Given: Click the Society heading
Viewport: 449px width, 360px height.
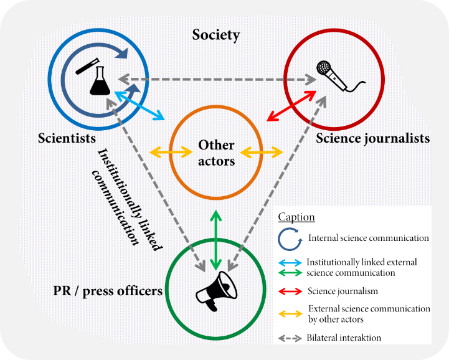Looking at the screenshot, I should coord(215,34).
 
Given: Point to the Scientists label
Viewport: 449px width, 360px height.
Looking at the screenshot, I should coord(66,137).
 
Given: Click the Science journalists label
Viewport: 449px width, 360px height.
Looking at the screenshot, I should coord(372,138).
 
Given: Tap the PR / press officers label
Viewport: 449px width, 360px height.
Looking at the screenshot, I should coord(108,290).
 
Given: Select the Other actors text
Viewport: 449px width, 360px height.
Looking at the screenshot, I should coord(216,153).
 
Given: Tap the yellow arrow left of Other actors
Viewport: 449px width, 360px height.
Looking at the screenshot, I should coord(172,151).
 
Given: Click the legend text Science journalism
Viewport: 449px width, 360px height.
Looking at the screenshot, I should coord(343,291).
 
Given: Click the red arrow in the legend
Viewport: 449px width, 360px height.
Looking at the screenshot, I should coord(290,291).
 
